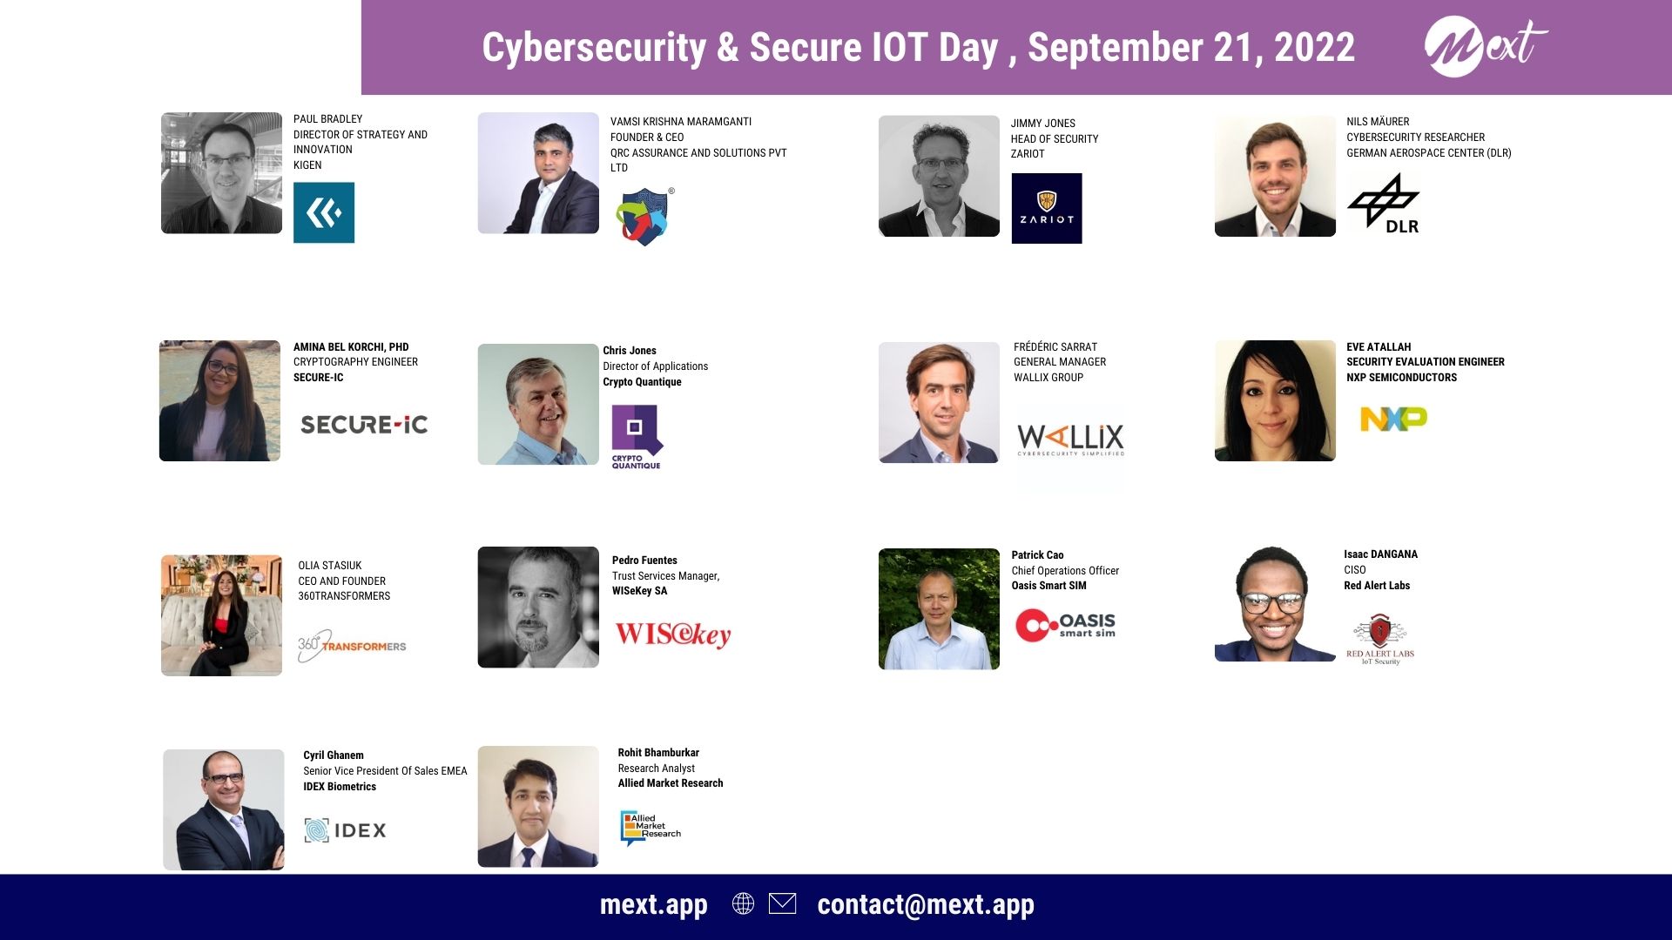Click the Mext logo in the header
[x=1485, y=47]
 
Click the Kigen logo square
[x=324, y=212]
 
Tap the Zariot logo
[x=1047, y=208]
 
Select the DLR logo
[x=1385, y=204]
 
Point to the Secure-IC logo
[x=364, y=425]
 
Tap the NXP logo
[x=1393, y=419]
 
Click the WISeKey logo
[x=673, y=634]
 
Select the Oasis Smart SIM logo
[x=1066, y=625]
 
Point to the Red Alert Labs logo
[x=1380, y=640]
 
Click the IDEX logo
[x=346, y=830]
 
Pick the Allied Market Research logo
[x=651, y=828]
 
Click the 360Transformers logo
[x=352, y=645]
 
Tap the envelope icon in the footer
[x=782, y=903]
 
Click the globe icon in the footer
[x=743, y=903]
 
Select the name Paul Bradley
[x=327, y=119]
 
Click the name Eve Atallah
[x=1379, y=346]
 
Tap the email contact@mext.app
[x=926, y=905]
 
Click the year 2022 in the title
[x=1314, y=47]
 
